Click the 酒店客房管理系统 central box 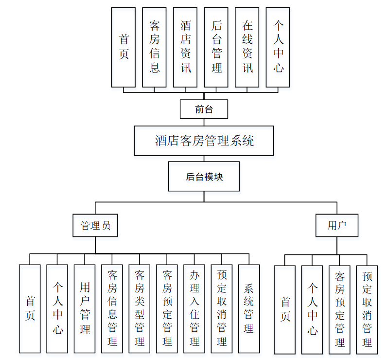[x=204, y=141]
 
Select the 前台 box [x=204, y=109]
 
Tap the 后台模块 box [x=204, y=176]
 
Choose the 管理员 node [x=95, y=225]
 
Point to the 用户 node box [x=336, y=225]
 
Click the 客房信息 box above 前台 [x=154, y=47]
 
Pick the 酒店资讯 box [x=185, y=47]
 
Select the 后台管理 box [x=216, y=47]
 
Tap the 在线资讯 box [x=247, y=47]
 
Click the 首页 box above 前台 [x=123, y=47]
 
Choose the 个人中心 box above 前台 [x=278, y=47]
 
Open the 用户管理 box [x=85, y=308]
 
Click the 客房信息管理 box [x=112, y=308]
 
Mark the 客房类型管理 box [x=140, y=308]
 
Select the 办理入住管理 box [x=194, y=308]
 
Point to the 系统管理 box [x=249, y=308]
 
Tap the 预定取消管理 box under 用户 [x=367, y=309]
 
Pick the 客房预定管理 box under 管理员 [x=167, y=308]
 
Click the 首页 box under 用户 [x=284, y=309]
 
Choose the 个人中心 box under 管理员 [x=57, y=308]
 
